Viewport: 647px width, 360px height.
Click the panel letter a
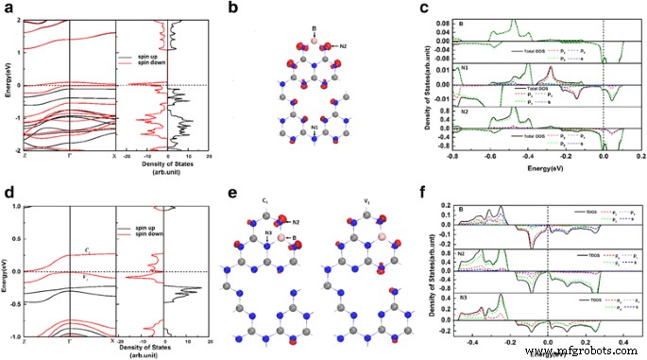(9, 9)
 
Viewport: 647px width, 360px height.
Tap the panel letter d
(9, 189)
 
